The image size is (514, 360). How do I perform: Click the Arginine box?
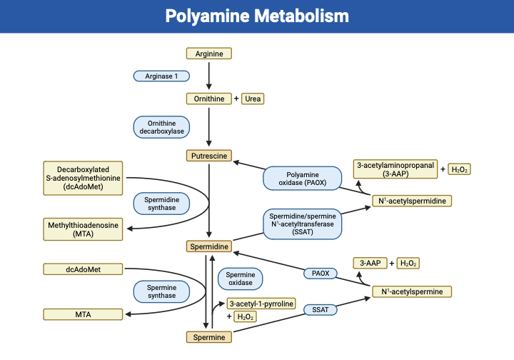pyautogui.click(x=209, y=54)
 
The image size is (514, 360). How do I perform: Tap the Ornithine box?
pyautogui.click(x=209, y=99)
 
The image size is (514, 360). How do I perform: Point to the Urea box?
pyautogui.click(x=253, y=99)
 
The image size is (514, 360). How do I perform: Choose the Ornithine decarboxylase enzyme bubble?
pyautogui.click(x=161, y=126)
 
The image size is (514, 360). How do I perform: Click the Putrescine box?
pyautogui.click(x=209, y=155)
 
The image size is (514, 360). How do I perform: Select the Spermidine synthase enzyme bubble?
pyautogui.click(x=162, y=204)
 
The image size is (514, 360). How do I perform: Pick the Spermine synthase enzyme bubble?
pyautogui.click(x=162, y=291)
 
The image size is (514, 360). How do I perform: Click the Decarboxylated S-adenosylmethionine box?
pyautogui.click(x=84, y=178)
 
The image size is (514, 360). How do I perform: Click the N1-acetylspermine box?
pyautogui.click(x=412, y=291)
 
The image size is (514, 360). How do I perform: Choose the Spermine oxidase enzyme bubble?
pyautogui.click(x=240, y=279)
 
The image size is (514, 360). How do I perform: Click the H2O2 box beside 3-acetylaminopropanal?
pyautogui.click(x=458, y=169)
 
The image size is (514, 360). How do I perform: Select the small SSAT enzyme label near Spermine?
pyautogui.click(x=320, y=310)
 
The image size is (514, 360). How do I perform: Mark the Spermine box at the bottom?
pyautogui.click(x=209, y=337)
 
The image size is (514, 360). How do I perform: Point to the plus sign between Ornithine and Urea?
pyautogui.click(x=236, y=99)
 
